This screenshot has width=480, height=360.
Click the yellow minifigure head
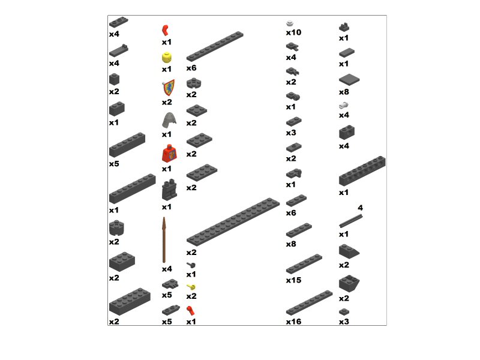(x=167, y=58)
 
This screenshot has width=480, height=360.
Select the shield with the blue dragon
(x=169, y=88)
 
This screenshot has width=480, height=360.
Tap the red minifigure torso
(x=169, y=154)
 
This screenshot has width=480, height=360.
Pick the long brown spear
(x=164, y=239)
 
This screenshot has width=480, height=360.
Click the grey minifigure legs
(x=169, y=190)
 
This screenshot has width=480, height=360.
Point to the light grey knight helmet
(x=169, y=120)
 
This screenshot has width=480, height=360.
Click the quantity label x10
(x=293, y=32)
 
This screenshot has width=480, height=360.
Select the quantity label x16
(x=293, y=322)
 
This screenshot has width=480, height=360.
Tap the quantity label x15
(x=293, y=280)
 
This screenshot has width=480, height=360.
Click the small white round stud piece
(x=290, y=23)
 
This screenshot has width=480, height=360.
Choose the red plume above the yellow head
(x=166, y=31)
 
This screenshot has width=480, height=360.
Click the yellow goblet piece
(x=191, y=287)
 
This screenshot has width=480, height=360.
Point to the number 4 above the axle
(x=361, y=208)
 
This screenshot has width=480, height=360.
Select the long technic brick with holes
(x=362, y=171)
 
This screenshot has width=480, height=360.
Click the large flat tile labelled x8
(x=349, y=80)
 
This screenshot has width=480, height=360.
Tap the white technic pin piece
(x=344, y=106)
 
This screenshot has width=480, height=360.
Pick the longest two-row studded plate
(x=233, y=221)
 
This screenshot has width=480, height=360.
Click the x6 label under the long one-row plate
(x=191, y=68)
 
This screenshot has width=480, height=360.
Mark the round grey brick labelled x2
(x=116, y=228)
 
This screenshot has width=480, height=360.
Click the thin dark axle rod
(x=351, y=221)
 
